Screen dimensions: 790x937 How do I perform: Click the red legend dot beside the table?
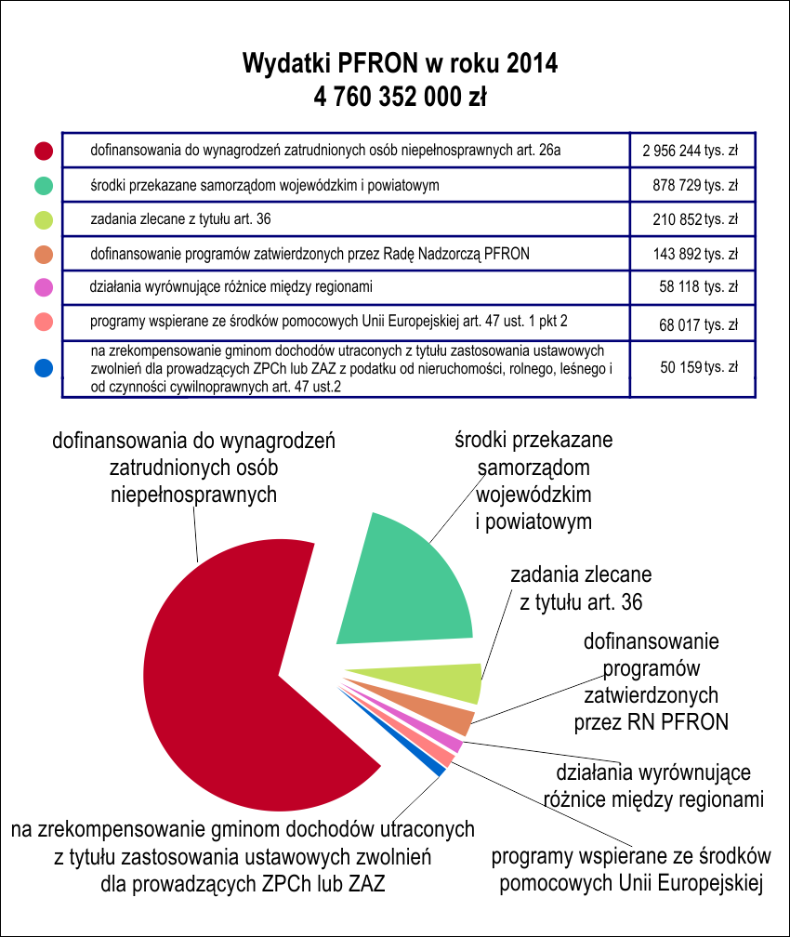point(44,151)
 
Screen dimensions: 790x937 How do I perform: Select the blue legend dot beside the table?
point(44,368)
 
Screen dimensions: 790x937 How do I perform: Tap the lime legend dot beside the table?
point(44,220)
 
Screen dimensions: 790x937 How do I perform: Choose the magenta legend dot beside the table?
point(44,287)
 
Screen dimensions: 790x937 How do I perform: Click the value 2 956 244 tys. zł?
point(691,151)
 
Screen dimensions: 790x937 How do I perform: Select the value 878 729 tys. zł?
point(695,185)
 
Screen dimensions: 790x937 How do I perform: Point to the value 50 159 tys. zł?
point(699,367)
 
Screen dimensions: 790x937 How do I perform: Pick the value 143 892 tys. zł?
point(695,254)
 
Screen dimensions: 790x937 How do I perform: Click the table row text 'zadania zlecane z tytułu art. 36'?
point(180,219)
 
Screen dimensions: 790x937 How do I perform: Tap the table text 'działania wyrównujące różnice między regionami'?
point(230,287)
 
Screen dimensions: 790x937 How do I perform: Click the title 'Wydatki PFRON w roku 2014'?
point(400,63)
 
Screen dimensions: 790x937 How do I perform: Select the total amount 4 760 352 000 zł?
point(400,97)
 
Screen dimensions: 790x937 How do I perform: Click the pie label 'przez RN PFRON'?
point(652,722)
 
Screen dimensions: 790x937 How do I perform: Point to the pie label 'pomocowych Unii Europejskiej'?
point(632,883)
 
